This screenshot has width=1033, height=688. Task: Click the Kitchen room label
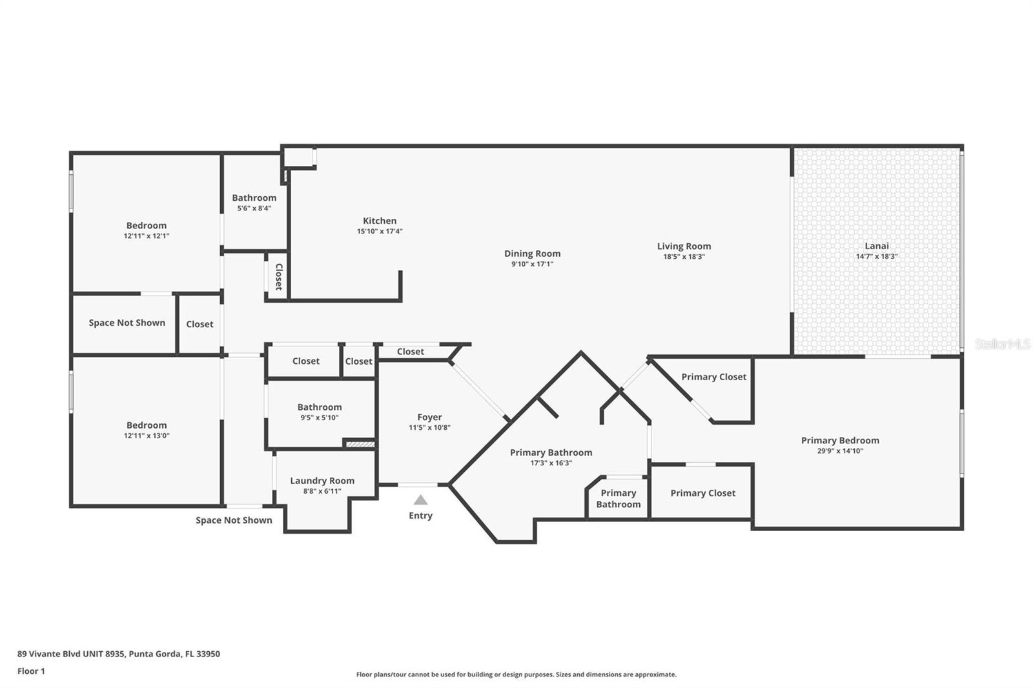click(x=380, y=221)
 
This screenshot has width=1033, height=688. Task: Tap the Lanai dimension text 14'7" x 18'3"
click(x=876, y=256)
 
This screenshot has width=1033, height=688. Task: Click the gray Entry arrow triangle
click(x=420, y=500)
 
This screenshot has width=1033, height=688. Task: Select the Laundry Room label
click(x=322, y=481)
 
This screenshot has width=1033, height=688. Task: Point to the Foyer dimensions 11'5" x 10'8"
click(x=429, y=428)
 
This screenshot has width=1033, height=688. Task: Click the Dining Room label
click(x=532, y=254)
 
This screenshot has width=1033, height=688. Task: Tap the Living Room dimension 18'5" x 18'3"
click(x=684, y=257)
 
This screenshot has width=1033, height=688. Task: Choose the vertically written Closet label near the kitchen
click(x=278, y=277)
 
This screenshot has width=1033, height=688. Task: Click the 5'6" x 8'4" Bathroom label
click(x=254, y=198)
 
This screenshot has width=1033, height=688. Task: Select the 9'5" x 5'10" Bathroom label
click(x=319, y=407)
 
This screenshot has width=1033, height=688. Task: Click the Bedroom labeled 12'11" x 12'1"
click(x=146, y=226)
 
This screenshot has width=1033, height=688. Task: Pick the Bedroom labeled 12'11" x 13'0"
click(x=146, y=425)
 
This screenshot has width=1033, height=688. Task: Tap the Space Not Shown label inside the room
click(x=127, y=323)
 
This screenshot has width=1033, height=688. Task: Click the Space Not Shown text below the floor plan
click(x=234, y=520)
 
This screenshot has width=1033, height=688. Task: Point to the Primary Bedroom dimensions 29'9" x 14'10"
click(x=840, y=451)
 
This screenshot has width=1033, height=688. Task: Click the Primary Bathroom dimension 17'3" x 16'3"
click(x=551, y=463)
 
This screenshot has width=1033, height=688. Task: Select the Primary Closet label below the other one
click(x=702, y=493)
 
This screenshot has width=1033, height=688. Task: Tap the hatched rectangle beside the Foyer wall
click(x=360, y=444)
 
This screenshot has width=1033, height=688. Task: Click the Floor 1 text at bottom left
click(x=31, y=671)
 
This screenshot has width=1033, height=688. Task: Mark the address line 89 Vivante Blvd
click(x=118, y=654)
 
